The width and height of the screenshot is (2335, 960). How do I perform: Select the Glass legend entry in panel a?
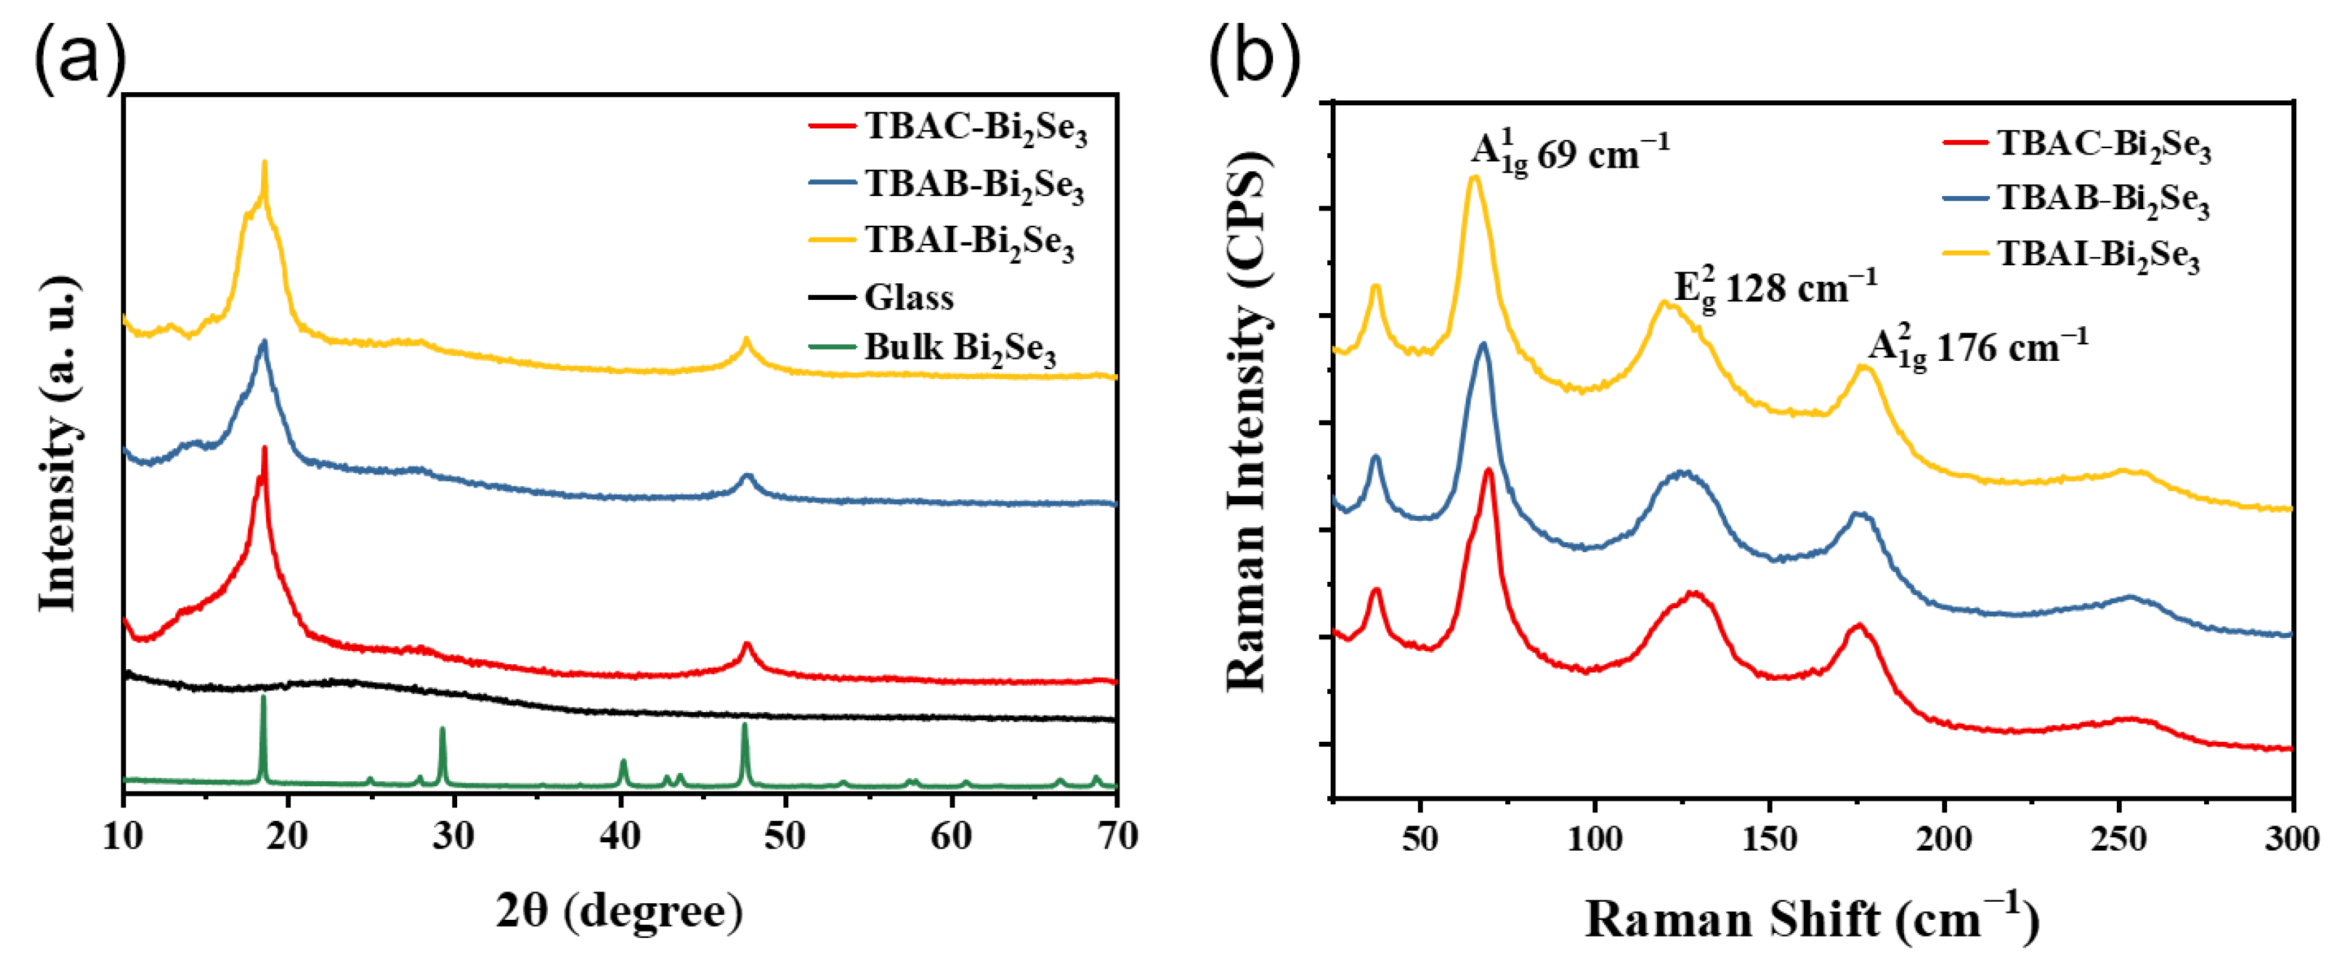click(907, 297)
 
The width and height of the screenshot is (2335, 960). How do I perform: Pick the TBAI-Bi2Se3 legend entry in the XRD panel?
click(968, 241)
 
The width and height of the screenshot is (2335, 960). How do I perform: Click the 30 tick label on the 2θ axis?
click(453, 837)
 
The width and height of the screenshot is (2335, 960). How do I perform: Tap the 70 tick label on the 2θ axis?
click(1117, 837)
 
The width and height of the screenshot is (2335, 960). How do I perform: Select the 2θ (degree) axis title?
click(619, 911)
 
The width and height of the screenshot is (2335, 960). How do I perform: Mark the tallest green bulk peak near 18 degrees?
click(264, 698)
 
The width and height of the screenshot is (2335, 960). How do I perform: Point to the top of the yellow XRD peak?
click(264, 163)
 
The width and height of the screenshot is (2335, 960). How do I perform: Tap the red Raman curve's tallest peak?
click(1489, 470)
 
